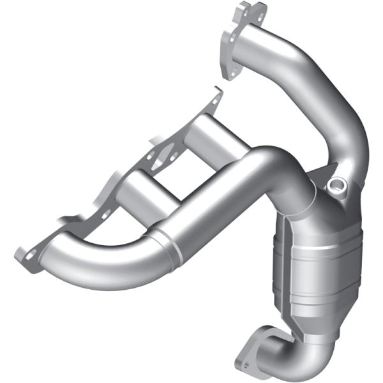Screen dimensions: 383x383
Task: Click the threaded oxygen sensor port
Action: click(x=336, y=186)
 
